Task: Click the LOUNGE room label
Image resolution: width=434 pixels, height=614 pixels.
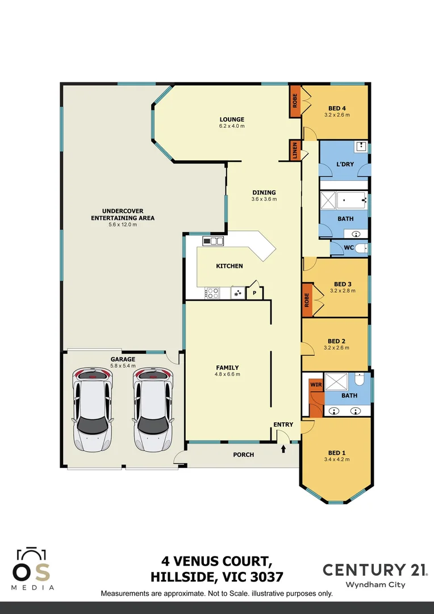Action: (232, 119)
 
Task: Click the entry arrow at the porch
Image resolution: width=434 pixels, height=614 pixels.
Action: (283, 450)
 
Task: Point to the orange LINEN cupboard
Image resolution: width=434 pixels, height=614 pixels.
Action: (295, 151)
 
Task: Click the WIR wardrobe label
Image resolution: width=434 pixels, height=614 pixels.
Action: (315, 385)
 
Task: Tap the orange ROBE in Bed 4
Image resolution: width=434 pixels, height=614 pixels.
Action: (295, 101)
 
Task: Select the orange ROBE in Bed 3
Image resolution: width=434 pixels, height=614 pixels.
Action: (307, 298)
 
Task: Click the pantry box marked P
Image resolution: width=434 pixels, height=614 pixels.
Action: (254, 293)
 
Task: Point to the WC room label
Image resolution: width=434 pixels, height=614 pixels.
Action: (349, 248)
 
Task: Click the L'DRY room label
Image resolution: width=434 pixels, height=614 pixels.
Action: (345, 164)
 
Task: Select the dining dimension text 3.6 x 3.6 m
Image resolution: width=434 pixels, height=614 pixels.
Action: (264, 199)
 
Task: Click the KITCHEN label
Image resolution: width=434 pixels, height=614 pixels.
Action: (229, 265)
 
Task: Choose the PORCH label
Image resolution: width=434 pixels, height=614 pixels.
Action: (243, 454)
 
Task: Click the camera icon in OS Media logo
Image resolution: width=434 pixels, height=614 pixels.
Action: (31, 554)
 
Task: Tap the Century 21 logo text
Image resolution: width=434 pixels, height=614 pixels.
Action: (375, 569)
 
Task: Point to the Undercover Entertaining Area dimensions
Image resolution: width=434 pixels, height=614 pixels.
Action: (123, 225)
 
